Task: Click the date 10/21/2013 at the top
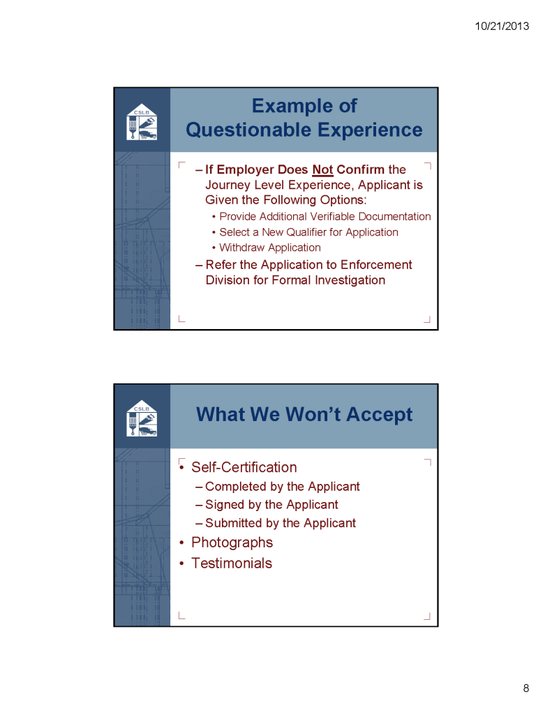[501, 26]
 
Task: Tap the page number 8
[525, 689]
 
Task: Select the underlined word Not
[322, 169]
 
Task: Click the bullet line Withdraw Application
[269, 248]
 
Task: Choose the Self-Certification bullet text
[244, 467]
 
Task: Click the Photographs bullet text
[232, 542]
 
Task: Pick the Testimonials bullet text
[231, 563]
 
